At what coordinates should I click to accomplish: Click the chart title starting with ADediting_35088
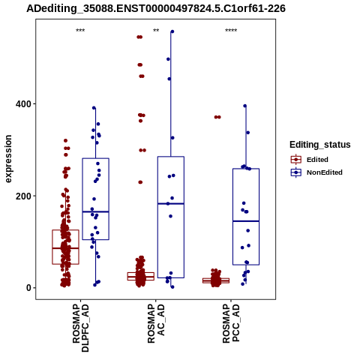[x=156, y=8]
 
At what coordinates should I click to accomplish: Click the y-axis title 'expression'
[x=8, y=159]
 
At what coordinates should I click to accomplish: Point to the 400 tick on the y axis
[x=24, y=103]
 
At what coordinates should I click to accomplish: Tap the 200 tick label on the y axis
[x=24, y=196]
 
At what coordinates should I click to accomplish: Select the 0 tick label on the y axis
[x=29, y=288]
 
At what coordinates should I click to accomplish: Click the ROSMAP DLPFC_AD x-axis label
[x=80, y=328]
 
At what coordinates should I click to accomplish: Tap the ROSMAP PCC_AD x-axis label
[x=231, y=323]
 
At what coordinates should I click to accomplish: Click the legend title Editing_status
[x=320, y=145]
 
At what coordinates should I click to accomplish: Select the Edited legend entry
[x=309, y=160]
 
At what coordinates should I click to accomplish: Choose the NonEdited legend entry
[x=316, y=172]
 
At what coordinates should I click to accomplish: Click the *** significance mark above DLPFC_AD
[x=80, y=31]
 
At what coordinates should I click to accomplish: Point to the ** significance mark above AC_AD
[x=156, y=31]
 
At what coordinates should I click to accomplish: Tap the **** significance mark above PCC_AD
[x=231, y=31]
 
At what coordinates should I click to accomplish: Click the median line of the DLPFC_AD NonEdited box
[x=95, y=211]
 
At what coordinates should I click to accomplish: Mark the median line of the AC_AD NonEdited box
[x=171, y=204]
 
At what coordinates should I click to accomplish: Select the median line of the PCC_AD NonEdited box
[x=246, y=221]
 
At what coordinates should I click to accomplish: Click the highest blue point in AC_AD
[x=172, y=31]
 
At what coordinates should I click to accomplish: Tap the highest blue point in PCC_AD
[x=245, y=106]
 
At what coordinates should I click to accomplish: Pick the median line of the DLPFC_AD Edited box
[x=65, y=248]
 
